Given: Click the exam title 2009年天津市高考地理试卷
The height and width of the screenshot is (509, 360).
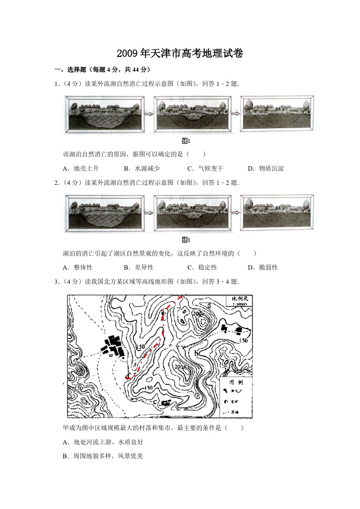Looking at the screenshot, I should pos(180,53).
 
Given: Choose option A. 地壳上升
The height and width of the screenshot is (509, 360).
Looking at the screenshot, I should pos(81,169).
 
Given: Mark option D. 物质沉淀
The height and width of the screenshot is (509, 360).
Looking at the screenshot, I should pos(266,169).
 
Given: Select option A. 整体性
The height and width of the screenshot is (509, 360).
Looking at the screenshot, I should pos(78,267).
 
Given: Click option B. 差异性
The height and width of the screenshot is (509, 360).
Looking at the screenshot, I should pos(139,267).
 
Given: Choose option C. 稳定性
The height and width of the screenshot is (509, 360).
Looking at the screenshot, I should pos(202,267).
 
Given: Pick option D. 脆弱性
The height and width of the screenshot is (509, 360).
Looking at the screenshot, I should pos(263,267).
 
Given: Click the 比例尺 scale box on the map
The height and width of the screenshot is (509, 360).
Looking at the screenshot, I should pos(239,301).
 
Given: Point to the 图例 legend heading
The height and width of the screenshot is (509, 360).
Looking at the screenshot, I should pos(236,383).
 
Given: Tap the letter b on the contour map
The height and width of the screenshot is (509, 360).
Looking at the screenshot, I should pos(196,353).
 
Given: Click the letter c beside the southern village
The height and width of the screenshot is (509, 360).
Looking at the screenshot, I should pos(155,402).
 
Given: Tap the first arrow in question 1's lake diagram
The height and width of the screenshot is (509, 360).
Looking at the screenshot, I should pos(149,114).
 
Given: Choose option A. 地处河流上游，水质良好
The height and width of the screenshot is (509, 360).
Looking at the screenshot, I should pos(103,442).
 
